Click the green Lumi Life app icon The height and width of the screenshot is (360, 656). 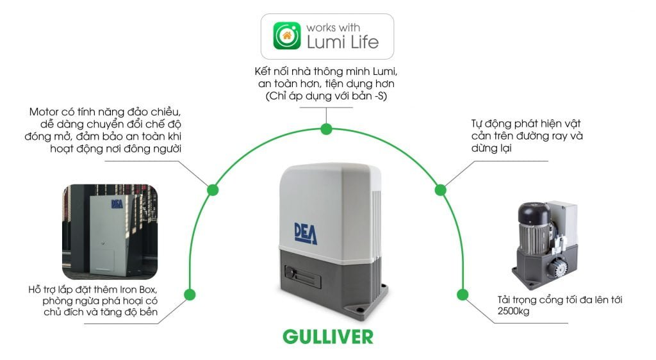click(287, 36)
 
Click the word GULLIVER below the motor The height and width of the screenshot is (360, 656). click(328, 336)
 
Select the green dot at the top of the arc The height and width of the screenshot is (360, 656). click(327, 129)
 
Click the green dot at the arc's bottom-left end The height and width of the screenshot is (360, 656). click(189, 295)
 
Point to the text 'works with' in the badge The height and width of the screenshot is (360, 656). click(333, 28)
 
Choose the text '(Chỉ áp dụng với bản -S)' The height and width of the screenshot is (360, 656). click(326, 96)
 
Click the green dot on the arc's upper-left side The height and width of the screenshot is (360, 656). click(212, 190)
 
